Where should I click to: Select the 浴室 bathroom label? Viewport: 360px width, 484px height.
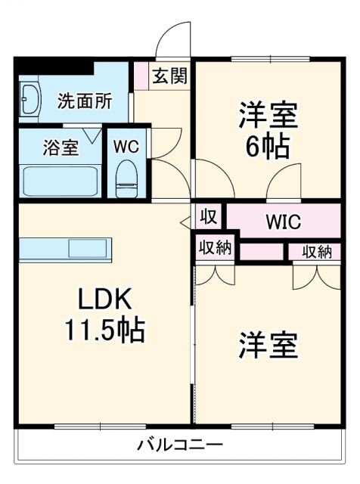[60, 146]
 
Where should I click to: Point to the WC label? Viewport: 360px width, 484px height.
[126, 146]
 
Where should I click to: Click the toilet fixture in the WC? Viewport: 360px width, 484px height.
[126, 178]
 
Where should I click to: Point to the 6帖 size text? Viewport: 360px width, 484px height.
[267, 147]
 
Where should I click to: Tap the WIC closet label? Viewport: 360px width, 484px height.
[283, 222]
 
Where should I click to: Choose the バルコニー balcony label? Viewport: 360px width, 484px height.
[179, 445]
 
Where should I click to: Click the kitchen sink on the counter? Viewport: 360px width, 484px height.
[90, 248]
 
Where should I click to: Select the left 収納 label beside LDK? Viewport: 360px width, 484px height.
[216, 249]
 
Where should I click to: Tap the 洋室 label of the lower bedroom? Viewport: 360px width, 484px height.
[268, 345]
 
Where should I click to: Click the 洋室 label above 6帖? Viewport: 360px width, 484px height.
[267, 115]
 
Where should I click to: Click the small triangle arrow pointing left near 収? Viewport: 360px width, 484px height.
[185, 222]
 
